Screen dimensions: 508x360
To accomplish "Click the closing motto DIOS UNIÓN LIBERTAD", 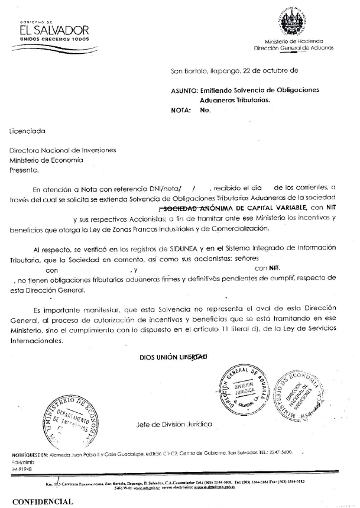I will pos(174,357).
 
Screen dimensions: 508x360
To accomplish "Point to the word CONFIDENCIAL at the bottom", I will pos(43,501).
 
